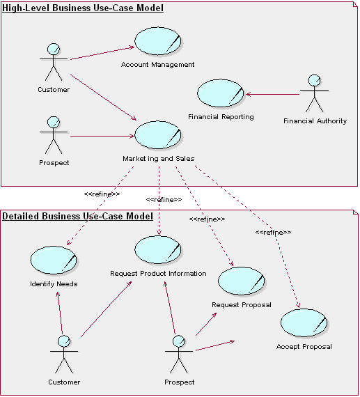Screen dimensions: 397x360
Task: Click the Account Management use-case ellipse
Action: (x=157, y=42)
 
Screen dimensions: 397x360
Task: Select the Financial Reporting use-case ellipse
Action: (x=220, y=93)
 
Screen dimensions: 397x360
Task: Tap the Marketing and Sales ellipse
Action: (x=157, y=135)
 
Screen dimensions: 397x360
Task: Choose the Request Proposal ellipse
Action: (x=241, y=281)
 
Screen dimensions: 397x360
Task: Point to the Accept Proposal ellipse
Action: (x=304, y=323)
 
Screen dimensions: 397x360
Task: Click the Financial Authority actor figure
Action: (x=314, y=93)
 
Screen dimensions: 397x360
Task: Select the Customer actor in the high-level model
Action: (x=53, y=63)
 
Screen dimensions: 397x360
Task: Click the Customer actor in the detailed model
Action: (x=64, y=355)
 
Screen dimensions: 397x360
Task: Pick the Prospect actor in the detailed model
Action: (x=179, y=355)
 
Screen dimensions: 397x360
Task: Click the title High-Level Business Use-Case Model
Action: (x=83, y=8)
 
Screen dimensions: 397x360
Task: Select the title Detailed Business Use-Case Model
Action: (x=77, y=216)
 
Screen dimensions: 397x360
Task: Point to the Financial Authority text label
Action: (x=315, y=121)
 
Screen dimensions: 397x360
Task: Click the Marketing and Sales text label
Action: (x=158, y=159)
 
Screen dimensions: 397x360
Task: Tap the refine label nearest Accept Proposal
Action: (x=273, y=232)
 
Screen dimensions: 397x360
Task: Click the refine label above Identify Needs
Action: (x=102, y=194)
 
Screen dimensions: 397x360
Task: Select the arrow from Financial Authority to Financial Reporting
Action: (x=272, y=94)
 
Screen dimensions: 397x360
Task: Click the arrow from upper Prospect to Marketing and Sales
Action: (x=101, y=136)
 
